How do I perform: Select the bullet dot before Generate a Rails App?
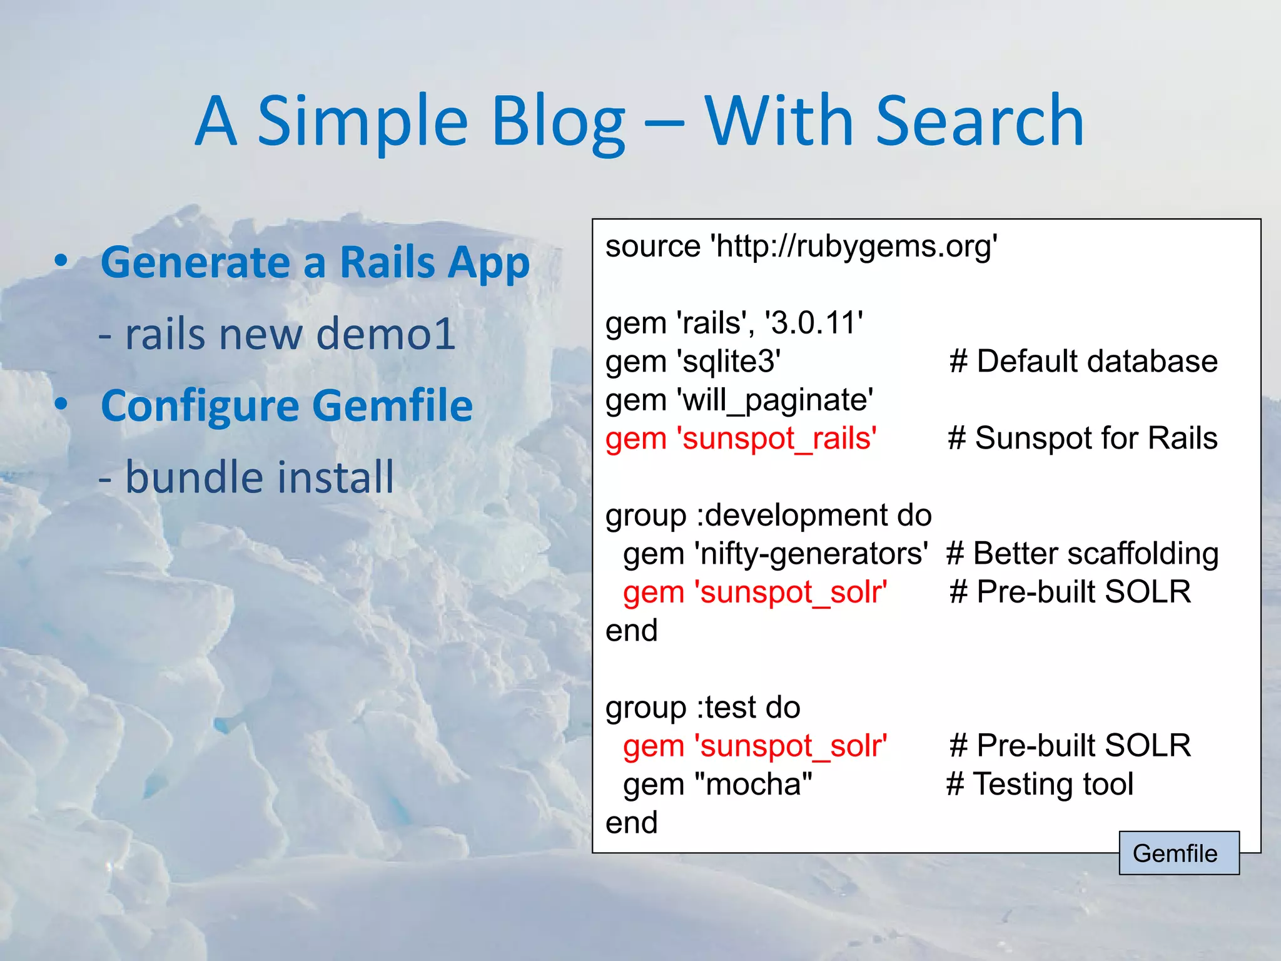click(61, 261)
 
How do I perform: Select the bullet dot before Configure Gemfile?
click(61, 404)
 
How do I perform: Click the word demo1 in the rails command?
click(385, 333)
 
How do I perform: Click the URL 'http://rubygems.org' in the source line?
click(853, 246)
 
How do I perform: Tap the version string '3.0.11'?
click(814, 323)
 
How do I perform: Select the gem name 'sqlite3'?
click(729, 362)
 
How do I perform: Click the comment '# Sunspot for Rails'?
click(1083, 438)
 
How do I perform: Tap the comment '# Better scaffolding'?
click(1082, 554)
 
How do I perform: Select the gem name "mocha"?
click(753, 784)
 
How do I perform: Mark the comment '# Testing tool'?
click(1040, 784)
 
